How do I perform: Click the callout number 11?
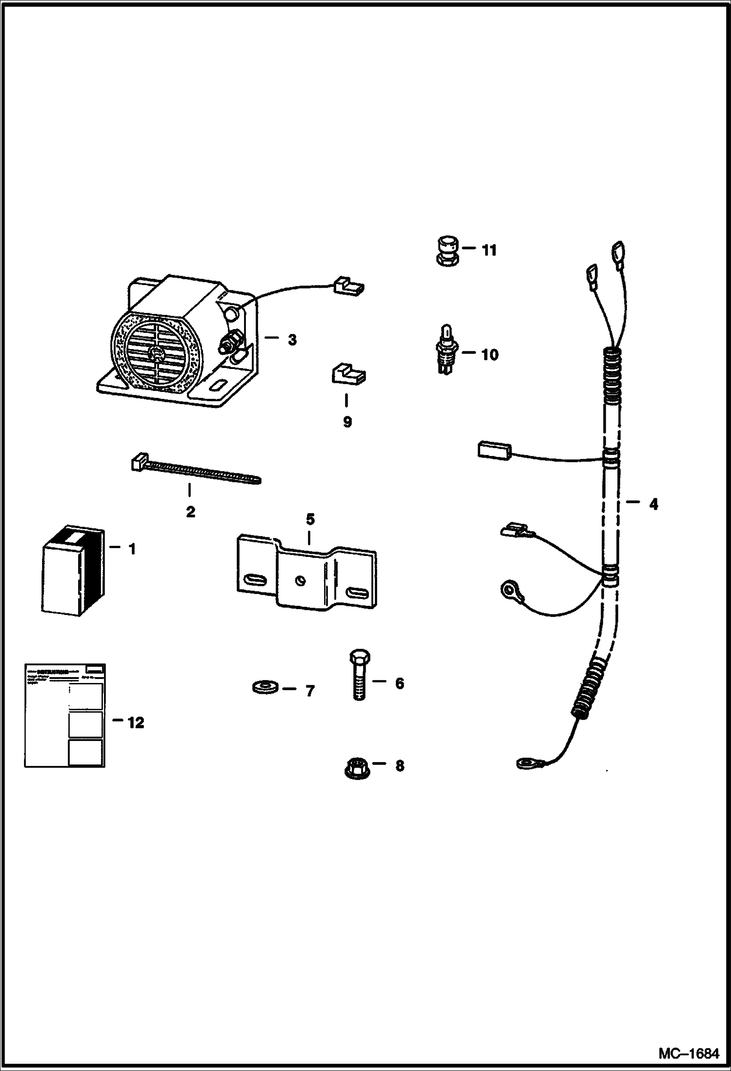tap(489, 250)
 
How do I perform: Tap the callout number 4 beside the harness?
tap(653, 504)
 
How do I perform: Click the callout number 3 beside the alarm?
tap(292, 340)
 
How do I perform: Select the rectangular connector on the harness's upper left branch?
tap(493, 450)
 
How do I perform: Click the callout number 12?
tap(136, 723)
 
